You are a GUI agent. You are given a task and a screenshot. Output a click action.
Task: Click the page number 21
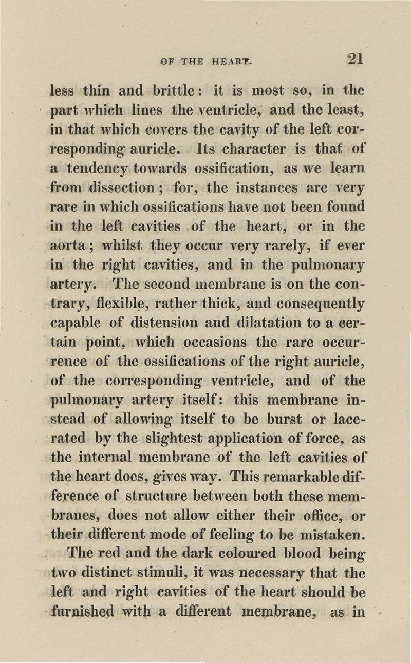354,58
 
